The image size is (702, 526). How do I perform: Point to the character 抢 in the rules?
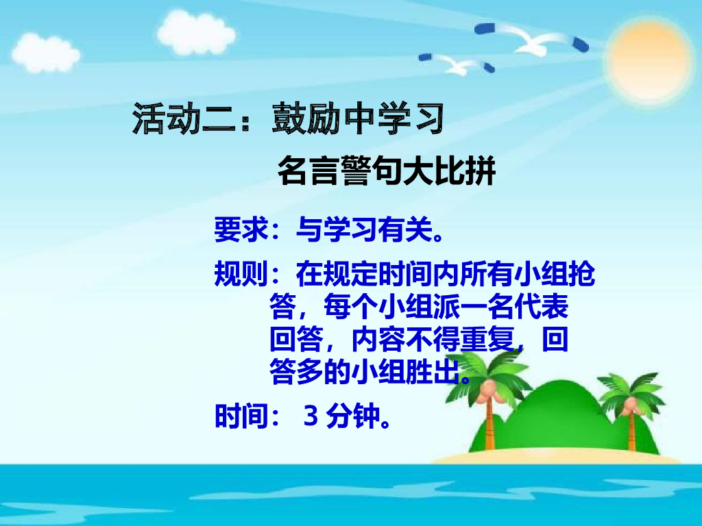click(x=581, y=275)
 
